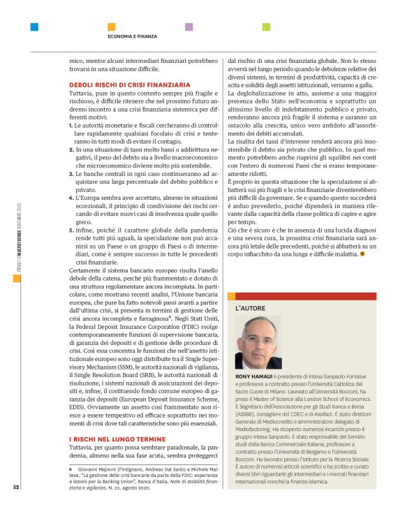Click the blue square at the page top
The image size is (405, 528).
[x=34, y=27]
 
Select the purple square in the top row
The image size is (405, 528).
[x=189, y=27]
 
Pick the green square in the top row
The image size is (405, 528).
[x=266, y=27]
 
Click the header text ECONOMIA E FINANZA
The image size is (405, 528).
[x=132, y=36]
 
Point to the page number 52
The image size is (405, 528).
[x=15, y=507]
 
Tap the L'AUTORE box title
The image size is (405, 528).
[x=250, y=308]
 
